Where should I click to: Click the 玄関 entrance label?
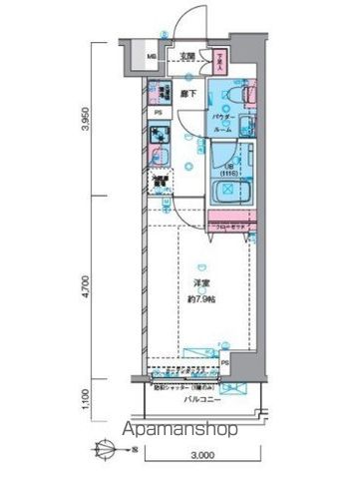[x=186, y=56]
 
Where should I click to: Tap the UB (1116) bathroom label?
[x=227, y=167]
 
